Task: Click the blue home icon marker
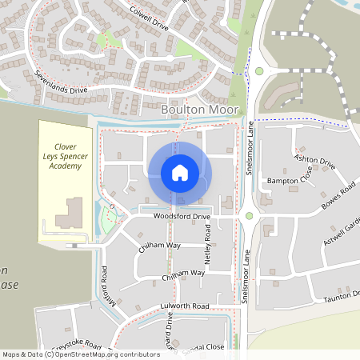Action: tap(180, 173)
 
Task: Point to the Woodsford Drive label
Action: tap(182, 217)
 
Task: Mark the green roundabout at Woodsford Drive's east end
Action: tap(250, 215)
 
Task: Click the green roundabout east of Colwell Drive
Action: tap(259, 71)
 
